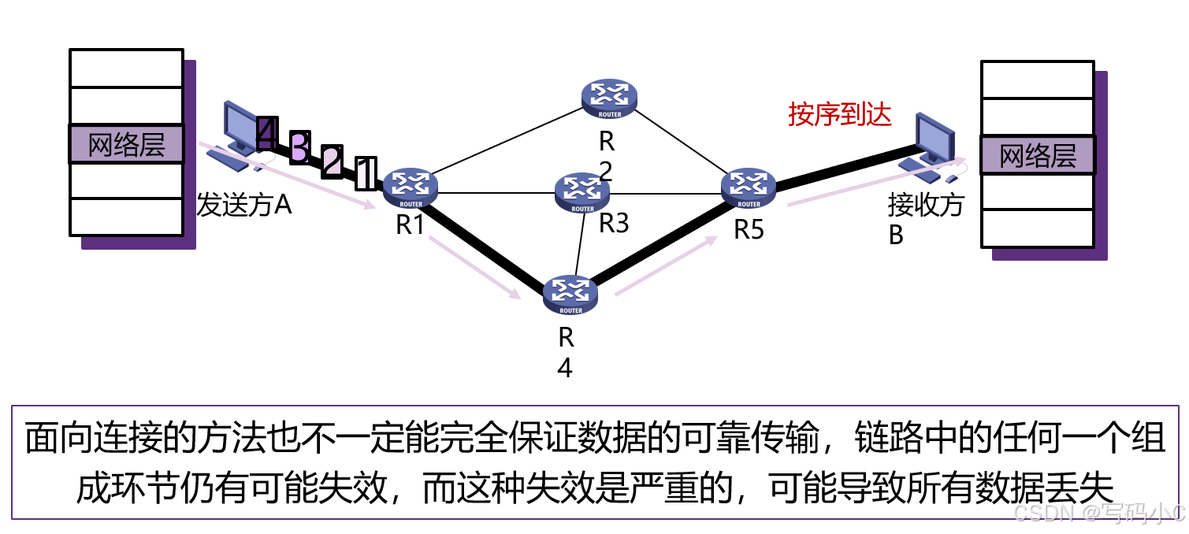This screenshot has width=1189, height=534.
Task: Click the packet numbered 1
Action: (366, 173)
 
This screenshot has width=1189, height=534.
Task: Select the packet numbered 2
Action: (332, 161)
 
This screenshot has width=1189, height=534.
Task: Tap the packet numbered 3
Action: (299, 148)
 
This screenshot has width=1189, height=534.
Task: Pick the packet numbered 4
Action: (266, 135)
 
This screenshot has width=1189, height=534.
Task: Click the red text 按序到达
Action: (840, 115)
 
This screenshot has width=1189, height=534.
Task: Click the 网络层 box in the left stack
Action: (126, 145)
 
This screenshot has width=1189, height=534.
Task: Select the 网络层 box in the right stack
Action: (1037, 155)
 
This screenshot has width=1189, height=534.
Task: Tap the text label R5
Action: (749, 229)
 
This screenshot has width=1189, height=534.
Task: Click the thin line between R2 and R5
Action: (679, 143)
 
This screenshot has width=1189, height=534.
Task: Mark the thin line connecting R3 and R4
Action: (579, 244)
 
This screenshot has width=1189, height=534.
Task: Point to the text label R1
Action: (410, 224)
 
